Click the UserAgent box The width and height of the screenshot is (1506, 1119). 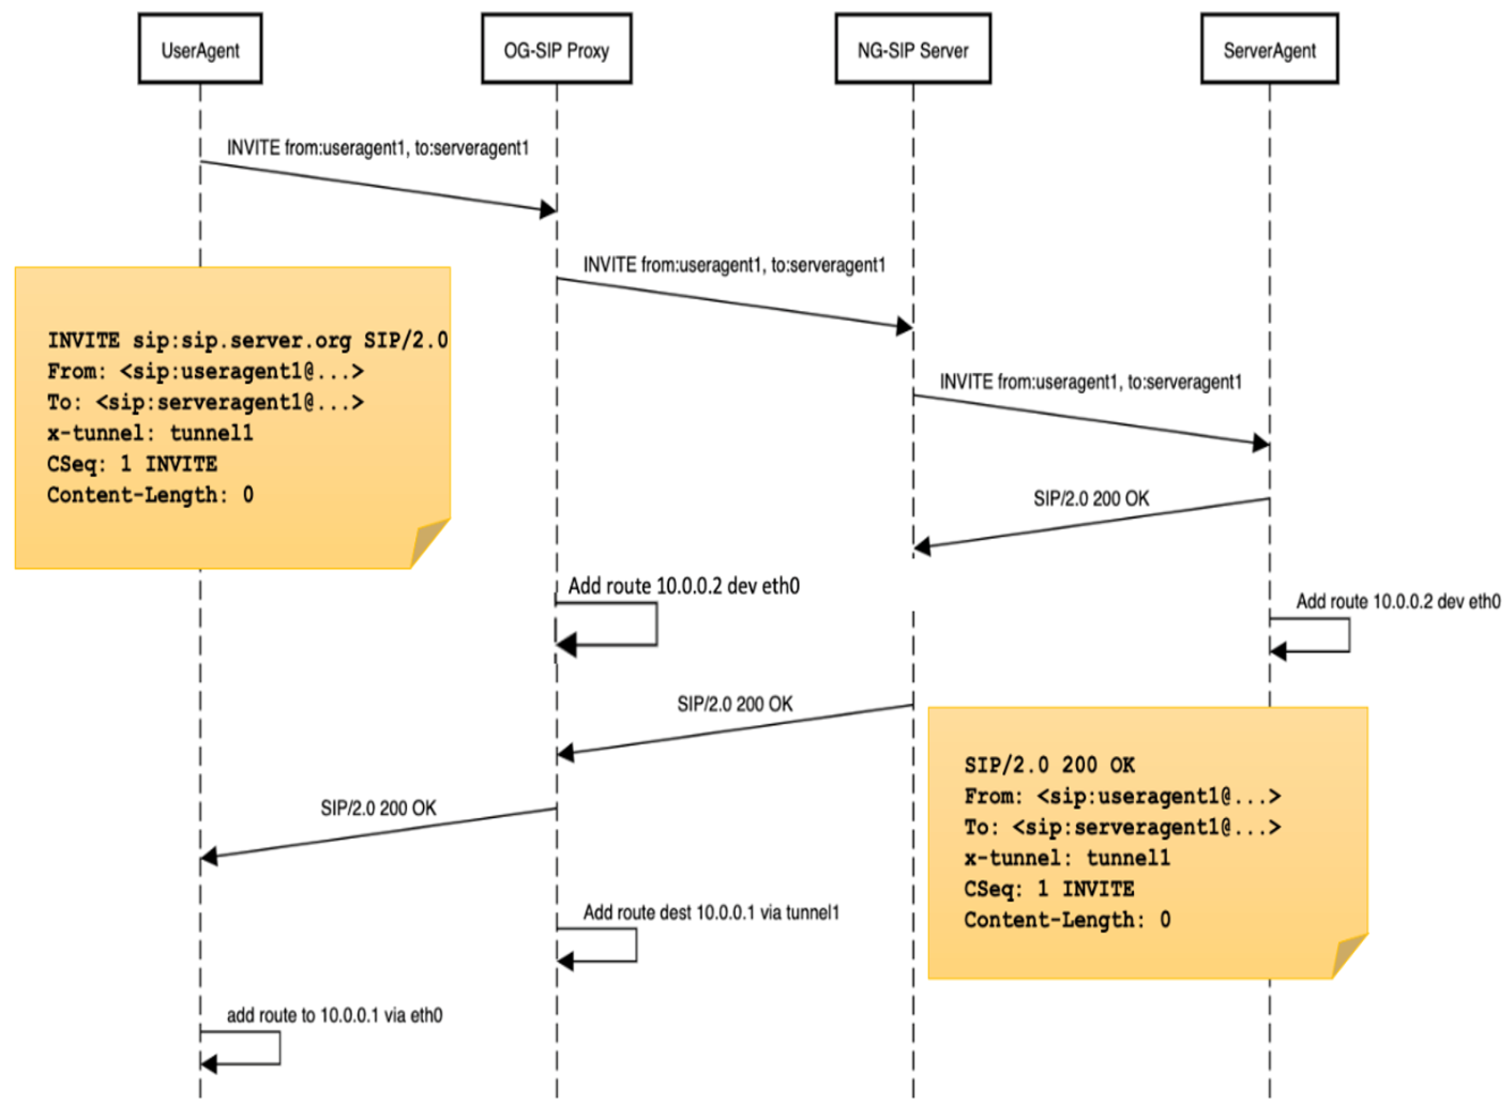(x=200, y=49)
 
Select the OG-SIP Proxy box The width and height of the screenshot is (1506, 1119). (x=557, y=49)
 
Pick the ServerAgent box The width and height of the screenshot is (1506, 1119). (x=1269, y=49)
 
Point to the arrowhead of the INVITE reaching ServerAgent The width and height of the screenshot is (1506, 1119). (x=1261, y=443)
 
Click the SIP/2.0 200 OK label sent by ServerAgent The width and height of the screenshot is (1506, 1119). (x=1091, y=499)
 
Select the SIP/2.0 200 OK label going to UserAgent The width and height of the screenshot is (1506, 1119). (x=378, y=807)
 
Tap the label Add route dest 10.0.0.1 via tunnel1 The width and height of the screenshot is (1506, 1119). (x=711, y=913)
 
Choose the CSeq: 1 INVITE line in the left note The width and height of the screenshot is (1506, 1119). (x=132, y=464)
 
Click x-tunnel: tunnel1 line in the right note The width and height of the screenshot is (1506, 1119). (x=1067, y=858)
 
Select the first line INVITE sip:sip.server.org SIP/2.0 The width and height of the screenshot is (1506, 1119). (x=248, y=340)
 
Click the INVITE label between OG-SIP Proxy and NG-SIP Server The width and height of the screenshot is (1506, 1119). (x=734, y=265)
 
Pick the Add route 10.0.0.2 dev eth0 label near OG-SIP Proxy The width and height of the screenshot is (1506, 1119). (x=683, y=585)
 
